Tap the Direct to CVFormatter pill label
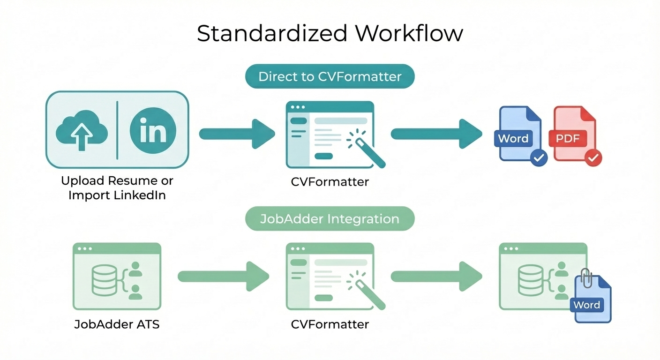point(330,76)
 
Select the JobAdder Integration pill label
point(330,218)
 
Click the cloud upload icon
point(82,129)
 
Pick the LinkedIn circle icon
point(153,129)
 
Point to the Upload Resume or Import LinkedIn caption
point(117,187)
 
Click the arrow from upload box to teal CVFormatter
point(237,134)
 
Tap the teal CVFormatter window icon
point(330,135)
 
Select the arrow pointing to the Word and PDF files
point(436,134)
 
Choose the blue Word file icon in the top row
point(518,134)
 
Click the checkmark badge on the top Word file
point(538,158)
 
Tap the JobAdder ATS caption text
point(117,324)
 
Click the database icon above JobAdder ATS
point(105,280)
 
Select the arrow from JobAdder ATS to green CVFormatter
point(223,276)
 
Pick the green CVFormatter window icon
point(330,276)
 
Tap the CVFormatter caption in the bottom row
point(330,324)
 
